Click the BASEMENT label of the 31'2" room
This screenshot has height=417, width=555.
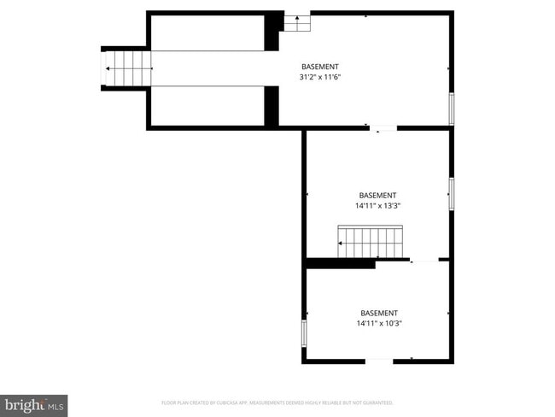[x=320, y=67]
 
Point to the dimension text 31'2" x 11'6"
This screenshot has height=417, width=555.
[x=320, y=77]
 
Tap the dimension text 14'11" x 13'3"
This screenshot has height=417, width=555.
[x=377, y=205]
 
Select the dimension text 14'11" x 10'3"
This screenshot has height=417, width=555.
[x=378, y=323]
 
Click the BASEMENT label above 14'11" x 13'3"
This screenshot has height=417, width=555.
[x=377, y=195]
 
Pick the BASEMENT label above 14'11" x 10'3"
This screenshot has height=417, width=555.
[x=378, y=313]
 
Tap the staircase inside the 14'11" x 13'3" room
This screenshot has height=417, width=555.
[x=370, y=241]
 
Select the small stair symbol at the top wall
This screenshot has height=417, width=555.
[x=296, y=23]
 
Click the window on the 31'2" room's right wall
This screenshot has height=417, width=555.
[x=451, y=109]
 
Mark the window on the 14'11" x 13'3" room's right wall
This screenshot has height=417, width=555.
[x=451, y=193]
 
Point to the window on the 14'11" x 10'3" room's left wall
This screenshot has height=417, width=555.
[x=304, y=333]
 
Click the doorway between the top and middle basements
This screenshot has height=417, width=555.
[x=383, y=129]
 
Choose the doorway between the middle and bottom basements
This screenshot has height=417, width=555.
[x=424, y=260]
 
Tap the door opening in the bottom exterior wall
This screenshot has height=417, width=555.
[x=379, y=361]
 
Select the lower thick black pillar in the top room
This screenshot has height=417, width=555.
[x=272, y=106]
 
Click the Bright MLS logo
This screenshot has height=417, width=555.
[x=34, y=404]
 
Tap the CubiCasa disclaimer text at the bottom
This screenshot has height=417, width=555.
[x=277, y=402]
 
